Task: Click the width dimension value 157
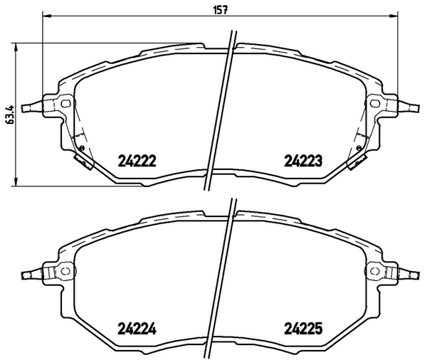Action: [x=220, y=10]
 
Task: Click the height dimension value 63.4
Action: [x=10, y=115]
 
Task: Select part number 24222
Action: [x=137, y=161]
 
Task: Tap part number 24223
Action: [x=303, y=161]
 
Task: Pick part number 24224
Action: [x=137, y=329]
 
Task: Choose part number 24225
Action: [x=303, y=329]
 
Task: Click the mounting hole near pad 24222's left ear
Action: [x=65, y=103]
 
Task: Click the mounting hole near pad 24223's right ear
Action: [x=375, y=103]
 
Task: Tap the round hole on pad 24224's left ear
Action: [x=65, y=271]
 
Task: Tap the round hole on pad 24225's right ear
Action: [x=375, y=271]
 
